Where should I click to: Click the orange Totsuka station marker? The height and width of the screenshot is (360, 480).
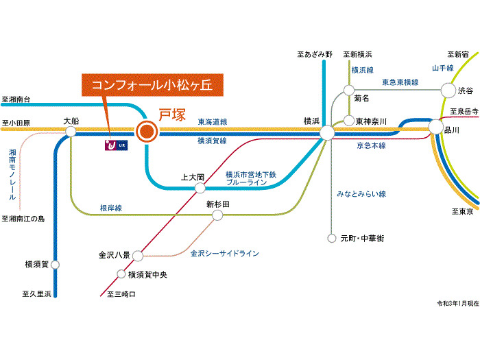pyautogui.click(x=147, y=132)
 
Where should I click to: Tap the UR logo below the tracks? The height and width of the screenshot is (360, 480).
pyautogui.click(x=116, y=145)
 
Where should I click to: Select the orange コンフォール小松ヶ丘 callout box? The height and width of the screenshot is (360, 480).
pyautogui.click(x=152, y=85)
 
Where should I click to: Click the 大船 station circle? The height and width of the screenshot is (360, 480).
pyautogui.click(x=71, y=132)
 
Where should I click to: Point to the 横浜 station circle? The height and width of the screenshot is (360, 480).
pyautogui.click(x=327, y=133)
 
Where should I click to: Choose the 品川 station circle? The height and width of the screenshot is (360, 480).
pyautogui.click(x=435, y=127)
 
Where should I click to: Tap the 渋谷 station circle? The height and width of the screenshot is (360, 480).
pyautogui.click(x=448, y=91)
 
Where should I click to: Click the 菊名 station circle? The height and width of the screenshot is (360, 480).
pyautogui.click(x=348, y=91)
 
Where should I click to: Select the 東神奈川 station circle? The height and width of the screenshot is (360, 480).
pyautogui.click(x=348, y=121)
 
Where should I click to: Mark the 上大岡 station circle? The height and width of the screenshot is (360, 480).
pyautogui.click(x=200, y=188)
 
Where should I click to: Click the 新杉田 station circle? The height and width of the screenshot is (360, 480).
pyautogui.click(x=217, y=215)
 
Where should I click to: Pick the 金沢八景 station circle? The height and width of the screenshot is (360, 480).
pyautogui.click(x=138, y=256)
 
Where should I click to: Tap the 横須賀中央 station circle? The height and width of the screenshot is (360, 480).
pyautogui.click(x=121, y=274)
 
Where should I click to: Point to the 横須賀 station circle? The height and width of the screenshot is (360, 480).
pyautogui.click(x=55, y=265)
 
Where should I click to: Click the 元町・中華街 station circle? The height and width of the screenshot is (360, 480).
pyautogui.click(x=332, y=238)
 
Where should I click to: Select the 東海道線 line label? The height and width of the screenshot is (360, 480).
pyautogui.click(x=213, y=122)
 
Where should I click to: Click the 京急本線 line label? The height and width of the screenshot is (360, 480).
pyautogui.click(x=371, y=145)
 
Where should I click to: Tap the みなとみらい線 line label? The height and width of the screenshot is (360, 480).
pyautogui.click(x=361, y=194)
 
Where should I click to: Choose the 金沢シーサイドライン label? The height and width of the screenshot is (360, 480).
pyautogui.click(x=225, y=254)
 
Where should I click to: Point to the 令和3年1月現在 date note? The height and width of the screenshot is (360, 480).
pyautogui.click(x=457, y=303)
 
